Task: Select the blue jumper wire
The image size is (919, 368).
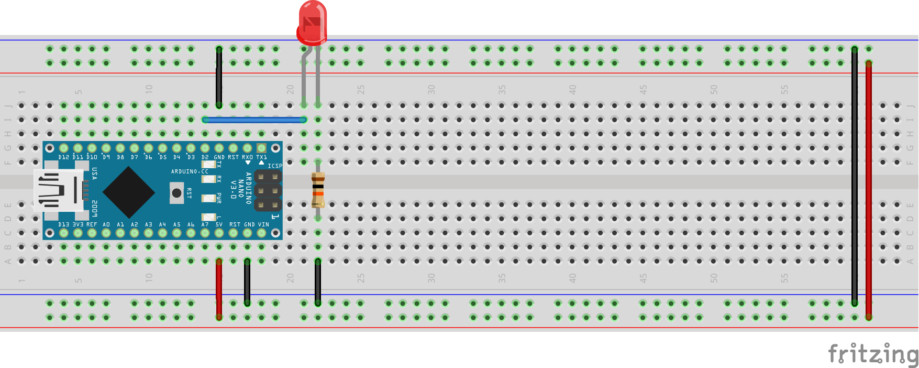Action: pos(254,120)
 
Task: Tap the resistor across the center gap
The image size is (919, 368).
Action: pos(318,190)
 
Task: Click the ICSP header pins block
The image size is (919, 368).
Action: pos(268,191)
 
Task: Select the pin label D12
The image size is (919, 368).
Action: pos(63,157)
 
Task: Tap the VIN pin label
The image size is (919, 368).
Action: pos(263,224)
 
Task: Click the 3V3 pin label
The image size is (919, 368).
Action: pos(77,224)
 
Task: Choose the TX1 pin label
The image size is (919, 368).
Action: pos(261,157)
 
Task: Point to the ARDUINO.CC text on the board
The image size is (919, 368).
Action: pos(190,171)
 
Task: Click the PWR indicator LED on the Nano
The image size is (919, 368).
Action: pos(209,198)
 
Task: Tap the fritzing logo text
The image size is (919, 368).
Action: pos(872,354)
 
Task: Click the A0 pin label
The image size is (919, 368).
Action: pos(106,224)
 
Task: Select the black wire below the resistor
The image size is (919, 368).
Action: pos(318,282)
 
